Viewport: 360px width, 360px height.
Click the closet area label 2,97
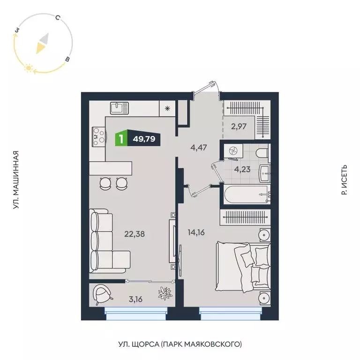[239, 126]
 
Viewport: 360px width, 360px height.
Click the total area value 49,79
[144, 139]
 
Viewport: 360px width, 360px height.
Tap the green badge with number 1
[121, 139]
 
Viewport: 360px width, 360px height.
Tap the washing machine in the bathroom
[232, 151]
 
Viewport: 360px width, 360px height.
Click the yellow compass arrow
[42, 44]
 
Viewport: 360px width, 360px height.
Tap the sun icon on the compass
[29, 69]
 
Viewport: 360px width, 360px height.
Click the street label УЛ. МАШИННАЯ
[16, 180]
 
